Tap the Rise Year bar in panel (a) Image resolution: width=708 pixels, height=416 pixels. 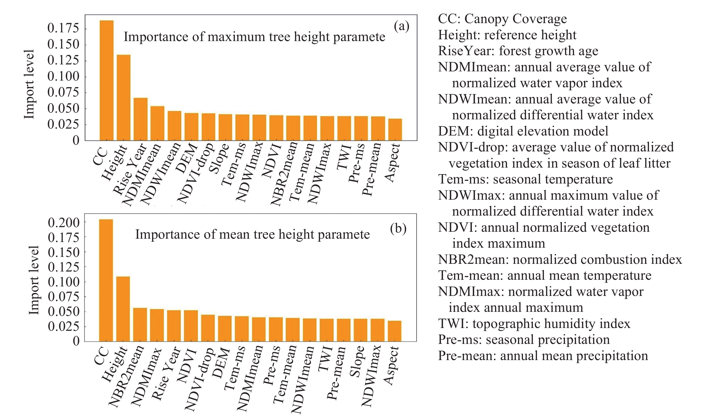coord(141,119)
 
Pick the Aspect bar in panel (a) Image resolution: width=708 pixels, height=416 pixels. coord(395,130)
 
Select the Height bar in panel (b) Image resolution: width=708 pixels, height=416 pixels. coord(123,309)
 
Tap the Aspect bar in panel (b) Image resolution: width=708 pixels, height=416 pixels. coord(394,331)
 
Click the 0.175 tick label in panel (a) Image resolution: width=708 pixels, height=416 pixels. coord(63,28)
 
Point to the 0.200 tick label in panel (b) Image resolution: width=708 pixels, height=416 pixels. coord(64,222)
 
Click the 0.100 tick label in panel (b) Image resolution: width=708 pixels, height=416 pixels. coord(64,282)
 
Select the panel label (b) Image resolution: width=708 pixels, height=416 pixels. coord(398,228)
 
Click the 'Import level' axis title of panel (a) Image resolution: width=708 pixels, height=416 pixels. coord(29,84)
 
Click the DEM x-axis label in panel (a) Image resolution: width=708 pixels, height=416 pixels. coord(187,159)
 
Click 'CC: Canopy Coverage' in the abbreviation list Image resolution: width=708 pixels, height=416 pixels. coord(502,19)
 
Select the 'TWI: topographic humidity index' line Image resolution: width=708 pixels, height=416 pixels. coord(534,324)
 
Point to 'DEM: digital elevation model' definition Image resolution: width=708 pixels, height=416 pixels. coord(523,131)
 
